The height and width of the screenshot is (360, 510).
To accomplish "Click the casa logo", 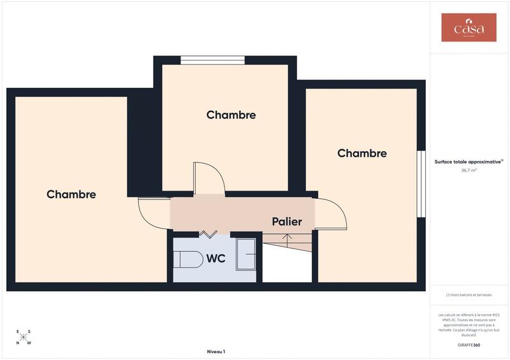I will (469, 28).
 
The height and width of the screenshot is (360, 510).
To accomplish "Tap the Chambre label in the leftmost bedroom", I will (71, 194).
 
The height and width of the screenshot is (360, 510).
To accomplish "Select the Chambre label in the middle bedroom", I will (231, 115).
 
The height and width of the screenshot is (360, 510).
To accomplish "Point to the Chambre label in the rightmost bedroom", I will (361, 153).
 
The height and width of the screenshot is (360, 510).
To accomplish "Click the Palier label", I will (286, 222).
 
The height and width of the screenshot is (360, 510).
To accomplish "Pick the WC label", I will (215, 259).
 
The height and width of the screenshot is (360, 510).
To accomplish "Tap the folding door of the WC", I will (208, 234).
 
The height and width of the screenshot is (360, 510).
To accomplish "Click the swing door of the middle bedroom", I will (208, 178).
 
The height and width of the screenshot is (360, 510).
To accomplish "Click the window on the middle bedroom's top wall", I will (213, 61).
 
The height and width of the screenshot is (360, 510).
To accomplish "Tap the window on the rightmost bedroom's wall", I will (421, 184).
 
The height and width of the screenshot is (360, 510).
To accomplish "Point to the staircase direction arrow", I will (288, 240).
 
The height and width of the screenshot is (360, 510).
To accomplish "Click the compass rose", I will (23, 336).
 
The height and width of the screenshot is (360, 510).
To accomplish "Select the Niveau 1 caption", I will (216, 352).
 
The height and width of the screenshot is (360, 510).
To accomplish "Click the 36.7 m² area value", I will (469, 171).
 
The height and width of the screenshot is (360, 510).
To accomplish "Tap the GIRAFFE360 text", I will (469, 345).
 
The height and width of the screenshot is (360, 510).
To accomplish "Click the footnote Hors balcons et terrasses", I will (469, 294).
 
